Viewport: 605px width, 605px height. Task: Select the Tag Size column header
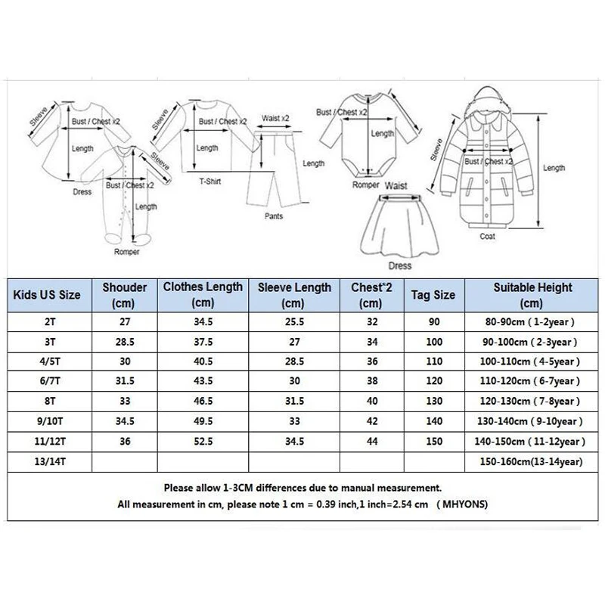click(x=433, y=294)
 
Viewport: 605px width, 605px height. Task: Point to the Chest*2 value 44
click(x=371, y=440)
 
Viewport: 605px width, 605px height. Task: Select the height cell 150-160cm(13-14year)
click(x=523, y=461)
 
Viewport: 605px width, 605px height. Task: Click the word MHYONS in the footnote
click(x=464, y=504)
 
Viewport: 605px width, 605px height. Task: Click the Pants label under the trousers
click(x=275, y=216)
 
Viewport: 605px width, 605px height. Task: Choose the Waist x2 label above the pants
click(x=275, y=118)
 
